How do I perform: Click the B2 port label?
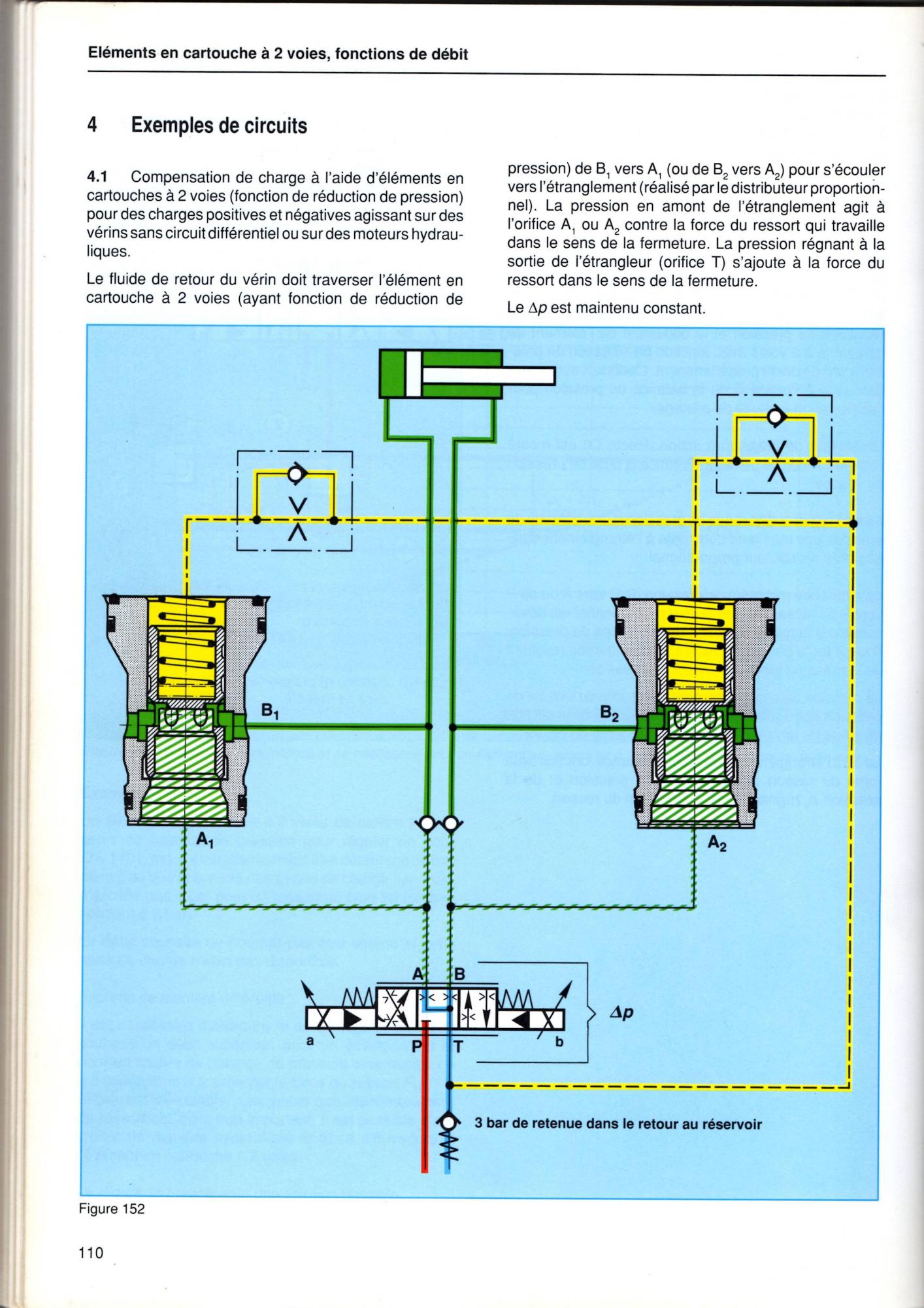609,714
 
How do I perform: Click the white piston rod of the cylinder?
487,376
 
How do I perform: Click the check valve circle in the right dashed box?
776,416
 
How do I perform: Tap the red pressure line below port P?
424,1112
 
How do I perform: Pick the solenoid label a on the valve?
310,1041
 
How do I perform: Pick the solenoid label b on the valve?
559,1042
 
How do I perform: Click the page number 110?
91,1253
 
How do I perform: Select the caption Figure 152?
112,1209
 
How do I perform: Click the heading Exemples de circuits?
219,125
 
